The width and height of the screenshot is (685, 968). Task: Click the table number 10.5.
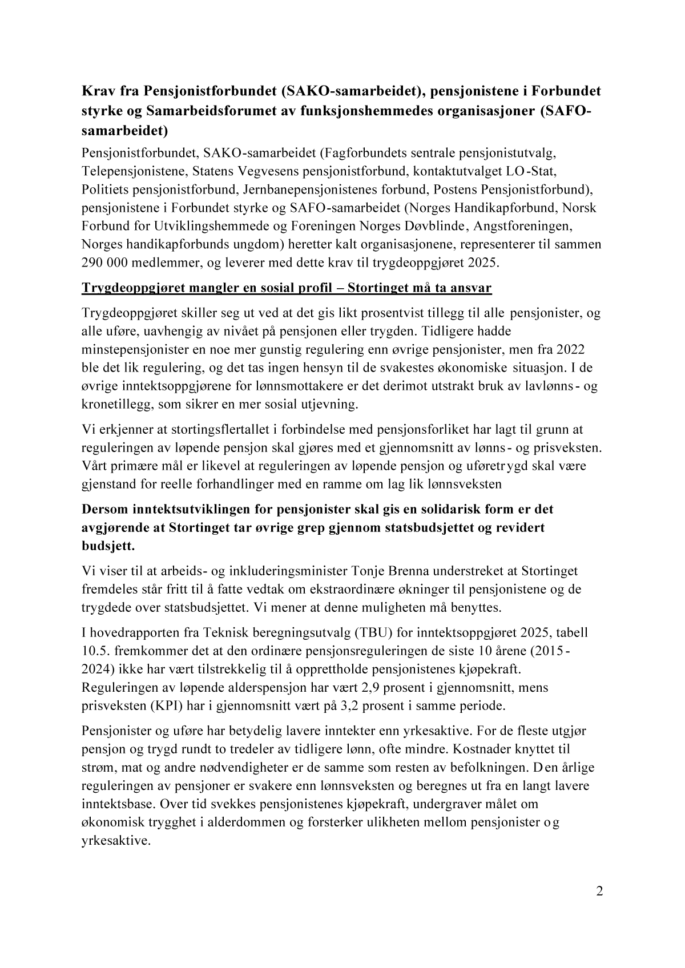point(95,651)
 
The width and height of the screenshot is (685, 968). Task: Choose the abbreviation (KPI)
point(170,706)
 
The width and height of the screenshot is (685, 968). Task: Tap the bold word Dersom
point(107,508)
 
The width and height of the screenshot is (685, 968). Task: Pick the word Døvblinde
point(432,226)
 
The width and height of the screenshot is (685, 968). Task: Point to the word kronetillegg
point(118,405)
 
